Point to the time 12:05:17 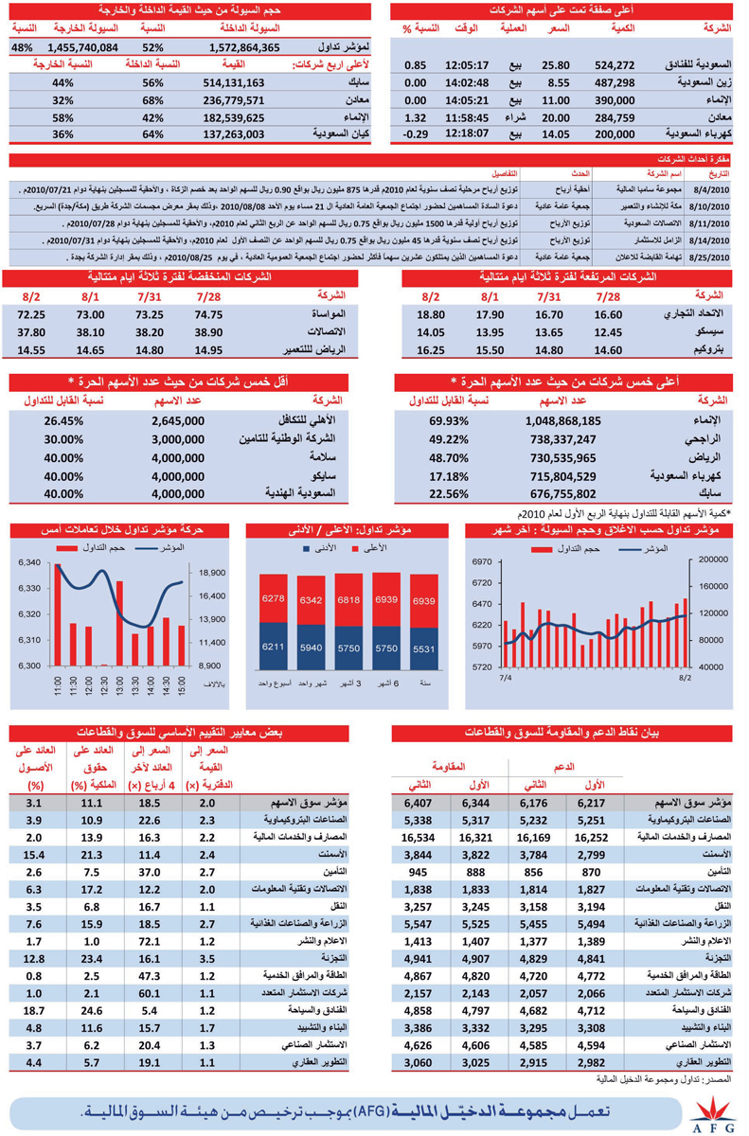(466, 65)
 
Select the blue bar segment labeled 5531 (424, 649)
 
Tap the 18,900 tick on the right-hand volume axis (212, 573)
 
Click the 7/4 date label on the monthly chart (505, 678)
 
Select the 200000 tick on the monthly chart (715, 559)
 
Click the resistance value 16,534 (414, 838)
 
